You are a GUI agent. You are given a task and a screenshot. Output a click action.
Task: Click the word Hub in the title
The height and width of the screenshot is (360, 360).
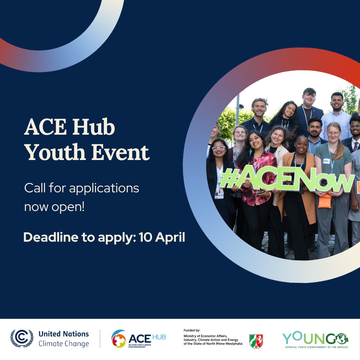(x=94, y=127)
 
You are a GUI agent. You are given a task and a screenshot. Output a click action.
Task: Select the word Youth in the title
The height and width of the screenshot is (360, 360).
(x=55, y=152)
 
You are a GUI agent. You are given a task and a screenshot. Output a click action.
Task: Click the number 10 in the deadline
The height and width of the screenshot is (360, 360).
(x=145, y=237)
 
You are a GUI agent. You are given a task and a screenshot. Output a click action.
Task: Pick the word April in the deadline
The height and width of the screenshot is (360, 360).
(x=170, y=238)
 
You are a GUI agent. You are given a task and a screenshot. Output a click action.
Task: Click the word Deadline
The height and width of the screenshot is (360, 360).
(x=51, y=237)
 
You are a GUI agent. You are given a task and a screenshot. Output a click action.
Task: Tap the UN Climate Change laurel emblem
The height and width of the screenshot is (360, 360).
(x=22, y=338)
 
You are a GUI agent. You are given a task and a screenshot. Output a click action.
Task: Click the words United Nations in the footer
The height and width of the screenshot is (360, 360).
(x=64, y=334)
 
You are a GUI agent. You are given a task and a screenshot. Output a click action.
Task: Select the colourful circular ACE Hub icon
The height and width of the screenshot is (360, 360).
(x=119, y=339)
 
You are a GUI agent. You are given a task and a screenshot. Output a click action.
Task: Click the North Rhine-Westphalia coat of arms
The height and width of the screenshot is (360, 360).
(x=256, y=341)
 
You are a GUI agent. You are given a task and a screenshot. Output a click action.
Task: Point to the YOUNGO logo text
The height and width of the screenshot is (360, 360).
(x=315, y=338)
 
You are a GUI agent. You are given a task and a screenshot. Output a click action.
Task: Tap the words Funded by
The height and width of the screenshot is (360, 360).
(x=192, y=330)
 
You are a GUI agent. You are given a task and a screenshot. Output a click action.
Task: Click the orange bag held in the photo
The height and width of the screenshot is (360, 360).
(x=325, y=201)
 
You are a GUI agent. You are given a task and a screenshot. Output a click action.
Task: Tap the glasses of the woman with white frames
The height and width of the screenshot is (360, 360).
(x=219, y=149)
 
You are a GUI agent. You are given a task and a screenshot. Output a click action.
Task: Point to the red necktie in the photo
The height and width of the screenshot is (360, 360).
(x=355, y=146)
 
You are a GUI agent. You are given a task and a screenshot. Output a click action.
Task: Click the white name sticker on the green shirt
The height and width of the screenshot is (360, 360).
(x=326, y=161)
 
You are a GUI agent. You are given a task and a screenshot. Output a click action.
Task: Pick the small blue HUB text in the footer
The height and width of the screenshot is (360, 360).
(x=159, y=337)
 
